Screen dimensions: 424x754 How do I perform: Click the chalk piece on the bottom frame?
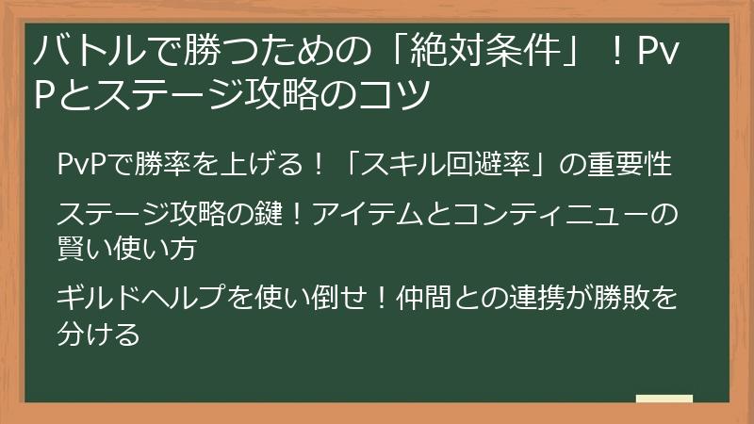click(664, 400)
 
